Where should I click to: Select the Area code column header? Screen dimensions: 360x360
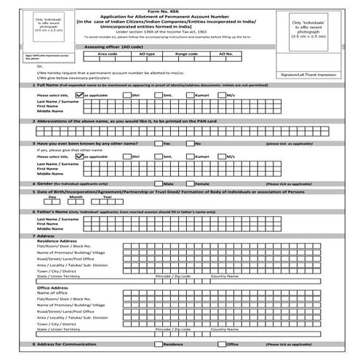point(107,54)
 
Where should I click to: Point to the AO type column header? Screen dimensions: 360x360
point(146,54)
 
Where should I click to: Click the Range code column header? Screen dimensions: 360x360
point(187,54)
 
